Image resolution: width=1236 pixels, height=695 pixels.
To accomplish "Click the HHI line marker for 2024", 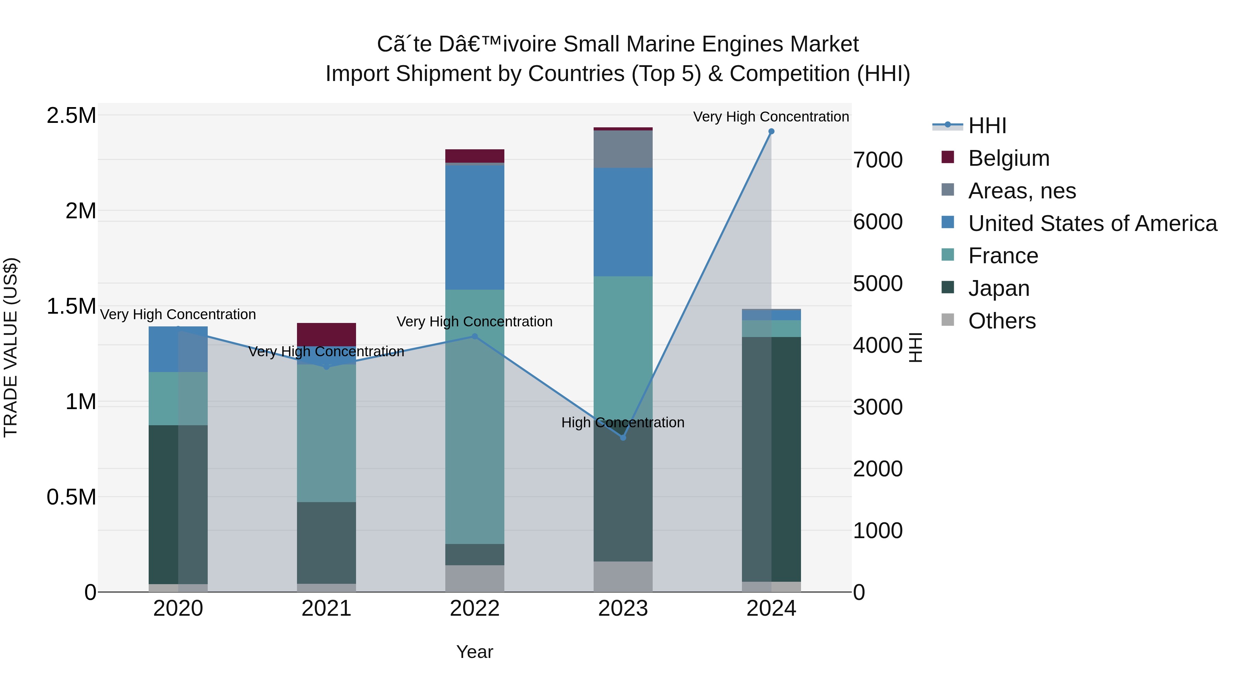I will tap(771, 131).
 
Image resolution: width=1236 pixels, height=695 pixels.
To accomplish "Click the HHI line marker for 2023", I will tap(623, 438).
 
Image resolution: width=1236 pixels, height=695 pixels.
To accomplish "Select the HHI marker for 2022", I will tap(474, 336).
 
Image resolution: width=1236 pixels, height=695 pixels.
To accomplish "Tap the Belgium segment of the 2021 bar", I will tap(326, 334).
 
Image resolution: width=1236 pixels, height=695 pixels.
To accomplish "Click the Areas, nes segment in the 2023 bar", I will tap(623, 149).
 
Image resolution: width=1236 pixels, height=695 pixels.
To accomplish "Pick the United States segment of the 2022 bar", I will tap(474, 227).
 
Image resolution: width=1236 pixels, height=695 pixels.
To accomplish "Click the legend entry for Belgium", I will tap(1009, 158).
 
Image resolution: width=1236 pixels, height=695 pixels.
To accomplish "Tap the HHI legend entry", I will tap(987, 126).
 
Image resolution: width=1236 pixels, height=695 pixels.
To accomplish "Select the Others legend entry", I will tap(1002, 321).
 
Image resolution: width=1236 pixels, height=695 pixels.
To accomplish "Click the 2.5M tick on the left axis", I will tap(71, 116).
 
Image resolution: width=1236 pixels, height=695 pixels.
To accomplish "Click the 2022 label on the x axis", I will tap(474, 609).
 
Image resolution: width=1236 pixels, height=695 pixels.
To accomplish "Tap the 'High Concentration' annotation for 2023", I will tap(623, 422).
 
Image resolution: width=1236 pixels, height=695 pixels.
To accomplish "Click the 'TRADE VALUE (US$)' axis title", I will tap(11, 347).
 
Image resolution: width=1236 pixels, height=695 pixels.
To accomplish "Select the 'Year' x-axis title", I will tap(474, 652).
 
